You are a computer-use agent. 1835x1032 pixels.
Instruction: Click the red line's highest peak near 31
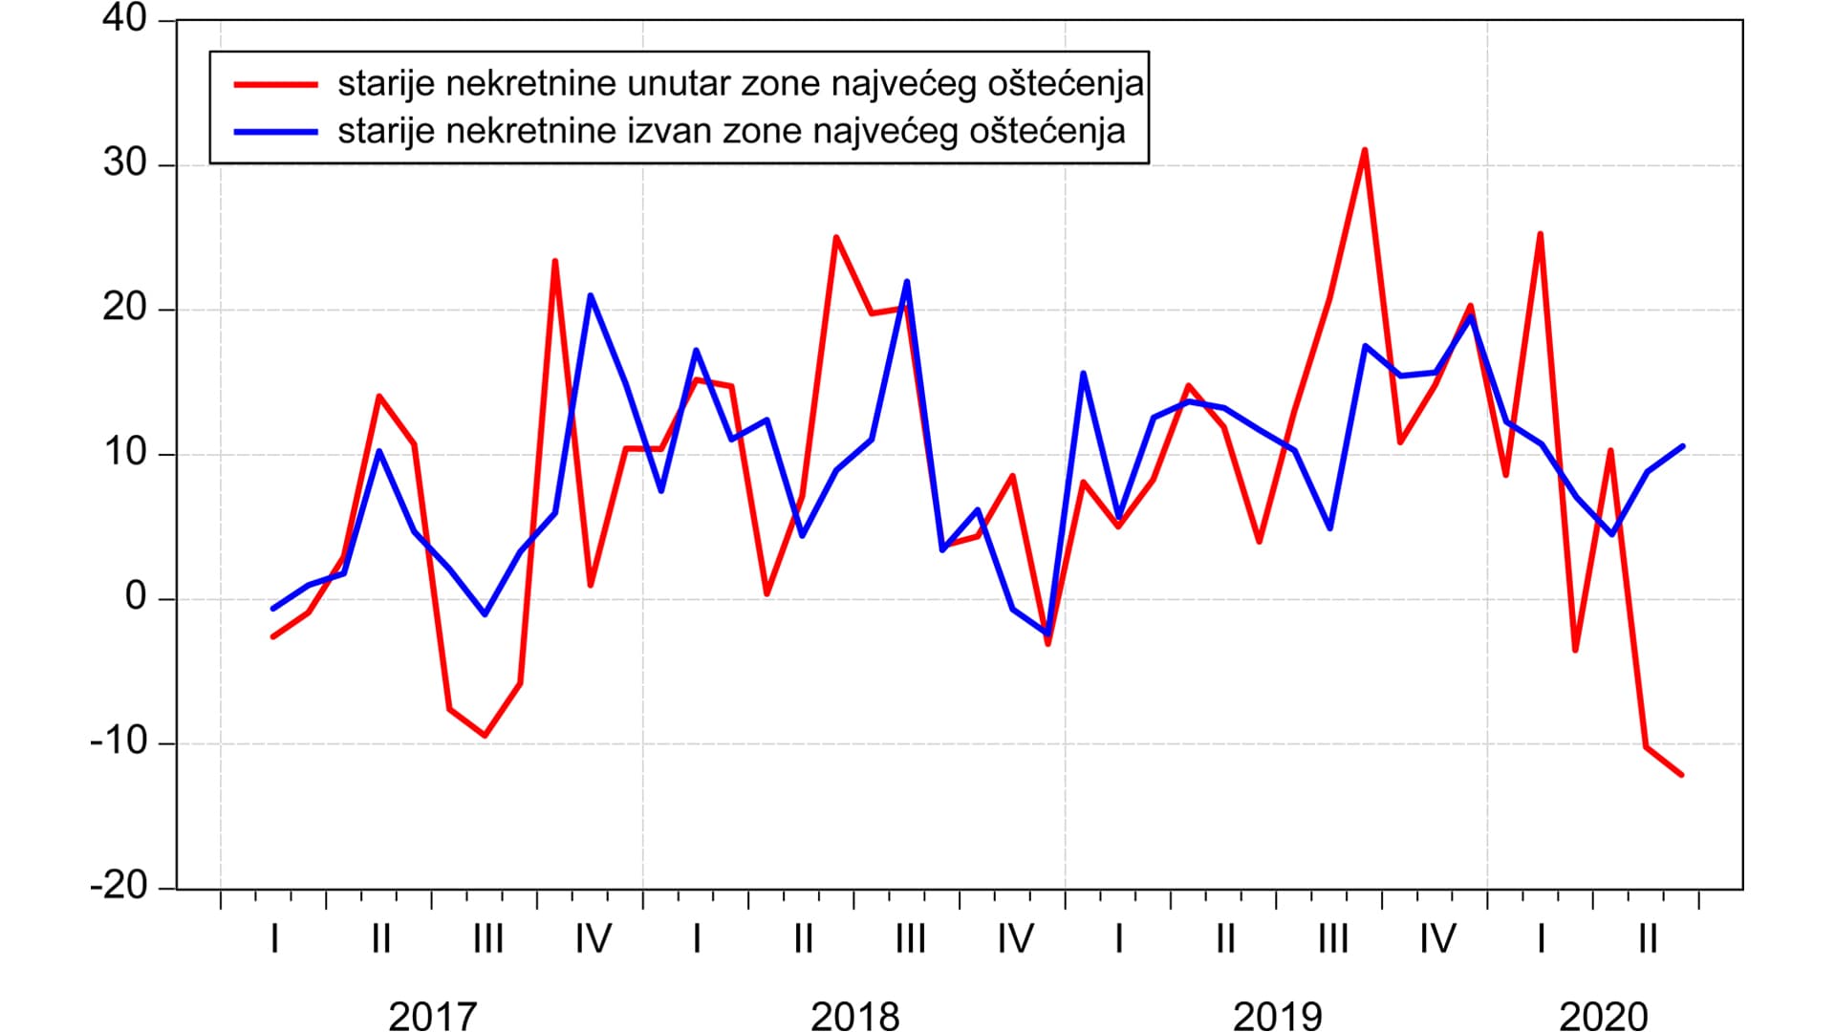(x=1365, y=150)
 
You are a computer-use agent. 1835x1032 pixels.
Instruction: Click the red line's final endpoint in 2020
(x=1682, y=775)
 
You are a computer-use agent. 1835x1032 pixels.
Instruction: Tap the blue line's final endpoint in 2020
(x=1682, y=446)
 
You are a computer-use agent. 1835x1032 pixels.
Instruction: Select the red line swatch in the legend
(x=275, y=84)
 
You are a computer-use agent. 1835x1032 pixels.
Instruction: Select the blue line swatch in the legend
(x=275, y=131)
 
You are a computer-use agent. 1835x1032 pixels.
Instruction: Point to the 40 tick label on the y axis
(x=125, y=19)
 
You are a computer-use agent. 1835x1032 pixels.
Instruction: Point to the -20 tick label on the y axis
(x=119, y=886)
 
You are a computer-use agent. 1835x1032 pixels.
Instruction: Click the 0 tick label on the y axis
(x=136, y=597)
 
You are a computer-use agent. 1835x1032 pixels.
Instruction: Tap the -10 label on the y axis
(x=119, y=742)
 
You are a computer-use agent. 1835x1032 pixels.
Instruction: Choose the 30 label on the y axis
(x=125, y=163)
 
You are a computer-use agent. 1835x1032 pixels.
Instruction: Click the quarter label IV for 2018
(x=1015, y=939)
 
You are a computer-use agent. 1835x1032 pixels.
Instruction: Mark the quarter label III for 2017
(x=487, y=939)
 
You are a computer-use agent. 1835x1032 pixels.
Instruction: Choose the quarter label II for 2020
(x=1648, y=939)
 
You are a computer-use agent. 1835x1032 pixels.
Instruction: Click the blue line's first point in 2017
(x=273, y=609)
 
